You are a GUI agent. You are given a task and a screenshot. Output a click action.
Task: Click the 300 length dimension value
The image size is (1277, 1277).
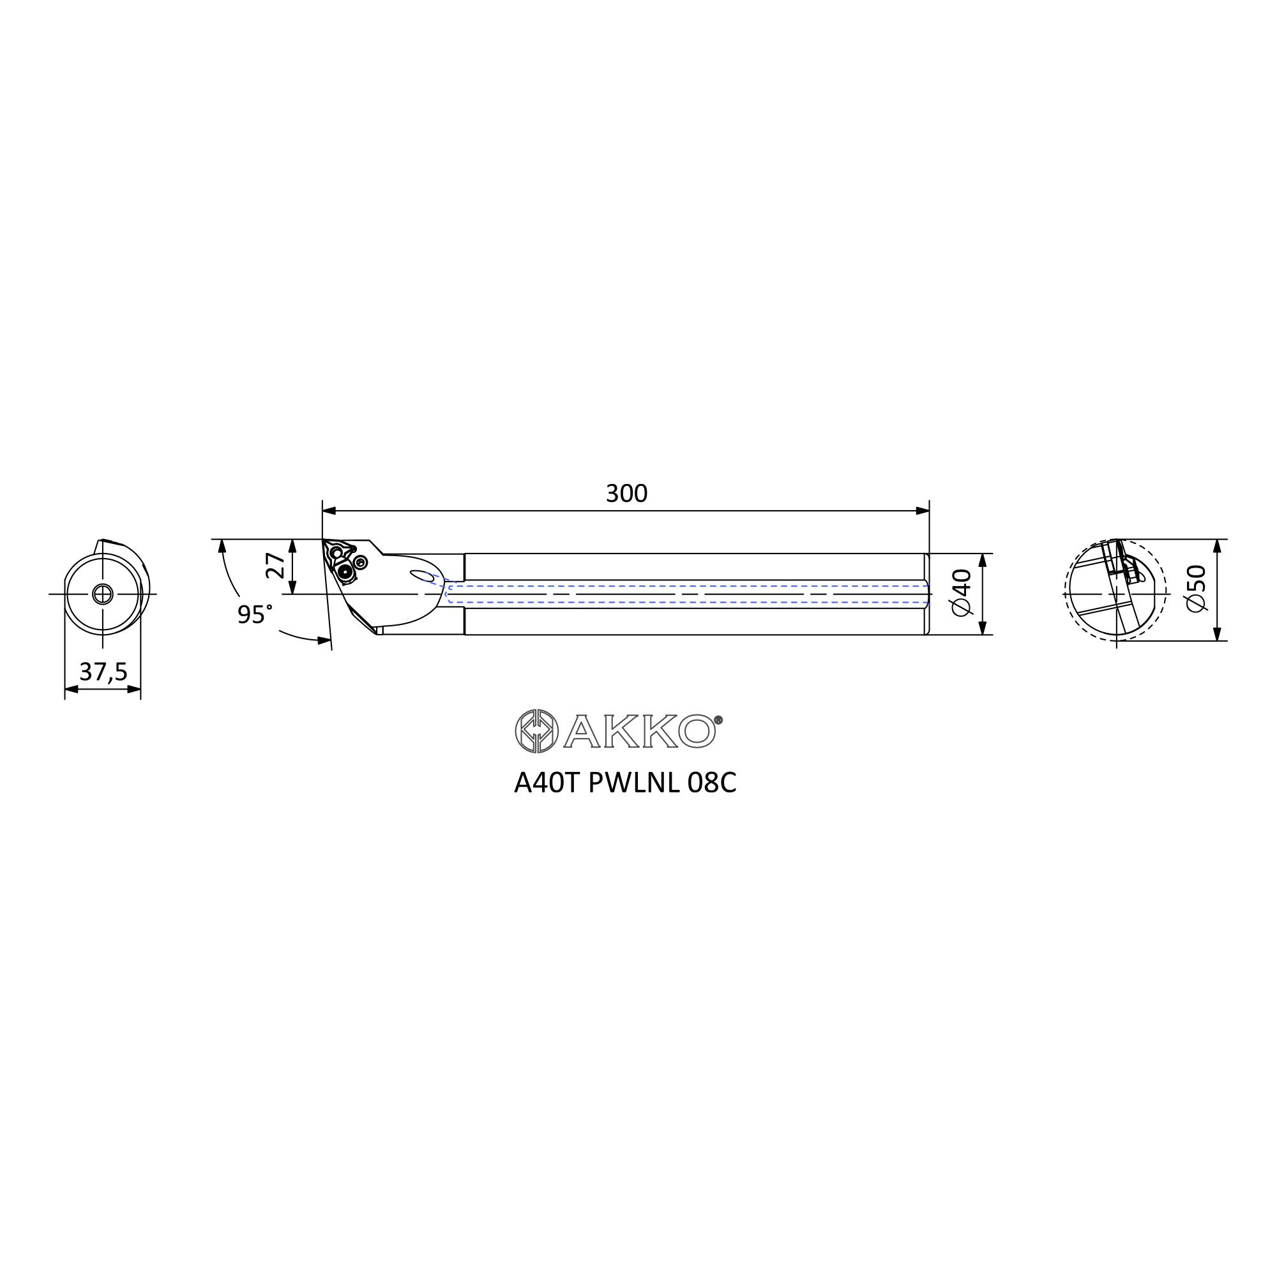(626, 494)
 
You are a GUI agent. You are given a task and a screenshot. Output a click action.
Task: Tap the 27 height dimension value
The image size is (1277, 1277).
(276, 566)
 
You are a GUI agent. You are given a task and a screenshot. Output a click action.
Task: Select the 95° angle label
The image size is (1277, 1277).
(255, 615)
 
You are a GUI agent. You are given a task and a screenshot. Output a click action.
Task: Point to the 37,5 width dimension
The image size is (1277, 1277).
(103, 672)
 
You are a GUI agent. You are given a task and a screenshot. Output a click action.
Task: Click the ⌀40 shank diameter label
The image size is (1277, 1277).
(962, 593)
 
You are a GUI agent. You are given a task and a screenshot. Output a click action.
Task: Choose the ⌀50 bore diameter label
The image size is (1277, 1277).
(1197, 588)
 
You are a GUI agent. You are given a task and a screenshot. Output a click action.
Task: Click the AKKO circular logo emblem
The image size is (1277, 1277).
(537, 731)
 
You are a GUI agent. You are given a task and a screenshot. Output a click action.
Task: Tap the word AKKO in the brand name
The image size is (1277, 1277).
(639, 731)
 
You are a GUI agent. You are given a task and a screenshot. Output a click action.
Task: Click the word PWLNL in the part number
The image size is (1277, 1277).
(634, 783)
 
